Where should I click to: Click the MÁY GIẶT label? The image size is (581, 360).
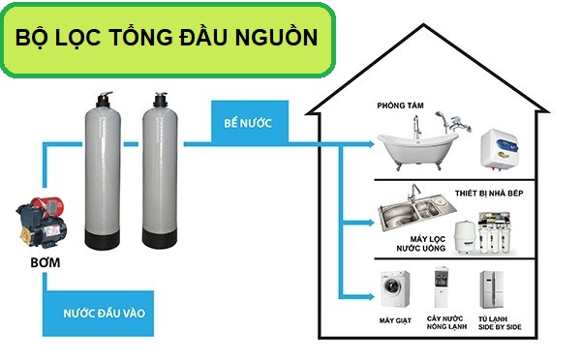pyautogui.click(x=394, y=318)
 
